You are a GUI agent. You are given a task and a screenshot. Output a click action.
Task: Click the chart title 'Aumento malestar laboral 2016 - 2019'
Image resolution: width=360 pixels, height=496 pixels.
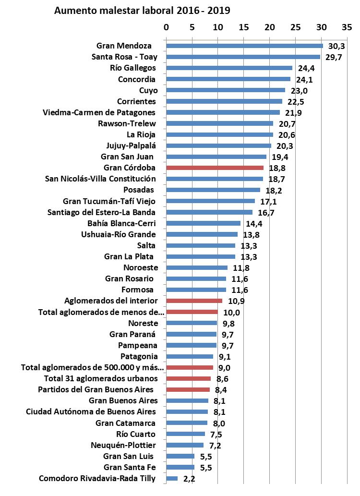[143, 11]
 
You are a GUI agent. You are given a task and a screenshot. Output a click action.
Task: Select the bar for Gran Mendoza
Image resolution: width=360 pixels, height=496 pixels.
[244, 46]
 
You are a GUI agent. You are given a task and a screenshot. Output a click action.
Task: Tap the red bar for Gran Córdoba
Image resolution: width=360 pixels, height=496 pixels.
[215, 168]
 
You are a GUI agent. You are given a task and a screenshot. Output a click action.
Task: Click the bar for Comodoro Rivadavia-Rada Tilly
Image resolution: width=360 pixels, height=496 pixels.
[172, 478]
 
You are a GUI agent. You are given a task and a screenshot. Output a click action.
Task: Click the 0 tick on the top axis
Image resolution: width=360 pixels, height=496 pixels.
[166, 27]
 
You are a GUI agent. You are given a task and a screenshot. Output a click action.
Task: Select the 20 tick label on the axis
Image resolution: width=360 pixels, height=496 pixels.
[270, 27]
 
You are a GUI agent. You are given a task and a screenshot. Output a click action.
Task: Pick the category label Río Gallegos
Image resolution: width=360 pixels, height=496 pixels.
[133, 68]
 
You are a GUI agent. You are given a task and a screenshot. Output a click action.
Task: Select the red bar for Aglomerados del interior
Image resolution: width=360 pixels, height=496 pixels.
[194, 301]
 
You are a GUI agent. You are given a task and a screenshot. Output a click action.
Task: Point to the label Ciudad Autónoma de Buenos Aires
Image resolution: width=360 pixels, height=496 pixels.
[91, 411]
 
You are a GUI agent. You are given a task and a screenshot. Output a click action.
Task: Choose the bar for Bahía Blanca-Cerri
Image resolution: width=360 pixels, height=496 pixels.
[203, 223]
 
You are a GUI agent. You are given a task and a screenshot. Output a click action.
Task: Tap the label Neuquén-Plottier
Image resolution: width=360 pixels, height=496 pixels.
[123, 445]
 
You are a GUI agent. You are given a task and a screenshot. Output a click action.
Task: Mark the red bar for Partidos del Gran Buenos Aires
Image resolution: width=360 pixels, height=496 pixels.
[188, 390]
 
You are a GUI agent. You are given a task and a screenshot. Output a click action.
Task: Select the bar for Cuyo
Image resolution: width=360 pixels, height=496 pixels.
[225, 90]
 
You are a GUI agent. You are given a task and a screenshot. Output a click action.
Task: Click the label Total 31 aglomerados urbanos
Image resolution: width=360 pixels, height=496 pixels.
[97, 378]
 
